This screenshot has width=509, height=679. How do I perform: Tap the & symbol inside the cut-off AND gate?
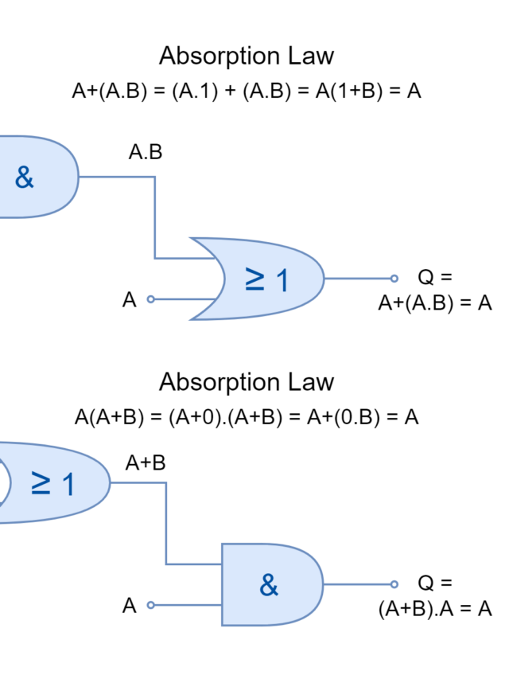tap(25, 178)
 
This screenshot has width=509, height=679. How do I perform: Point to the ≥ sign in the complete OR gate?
tap(254, 279)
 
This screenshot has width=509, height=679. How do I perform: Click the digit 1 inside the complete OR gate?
tap(282, 279)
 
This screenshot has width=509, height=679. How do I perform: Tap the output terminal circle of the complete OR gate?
tap(394, 279)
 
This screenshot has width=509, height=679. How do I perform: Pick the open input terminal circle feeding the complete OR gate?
tap(151, 299)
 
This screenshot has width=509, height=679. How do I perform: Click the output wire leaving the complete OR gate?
tap(358, 279)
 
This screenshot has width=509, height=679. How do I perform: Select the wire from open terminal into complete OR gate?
tap(183, 299)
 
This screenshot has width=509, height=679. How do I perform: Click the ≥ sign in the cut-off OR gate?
tap(41, 482)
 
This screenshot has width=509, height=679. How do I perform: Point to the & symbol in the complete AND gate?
tap(269, 585)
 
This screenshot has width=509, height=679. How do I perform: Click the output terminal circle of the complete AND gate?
tap(394, 584)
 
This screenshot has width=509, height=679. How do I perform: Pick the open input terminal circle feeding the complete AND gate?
tap(151, 605)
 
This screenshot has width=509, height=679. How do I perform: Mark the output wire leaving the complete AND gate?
tap(358, 584)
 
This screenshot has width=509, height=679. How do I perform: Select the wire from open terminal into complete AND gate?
tap(187, 605)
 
